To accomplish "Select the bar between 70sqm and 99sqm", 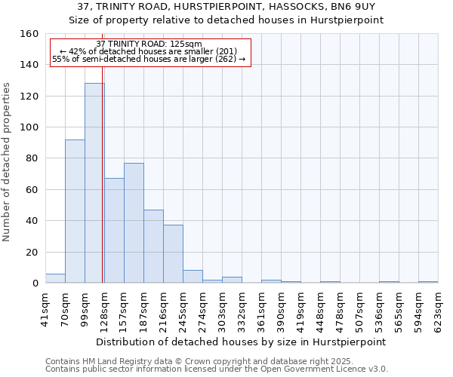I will coord(75,211).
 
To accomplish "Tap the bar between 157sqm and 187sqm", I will coord(134,223).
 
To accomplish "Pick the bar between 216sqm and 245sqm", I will coord(173,254).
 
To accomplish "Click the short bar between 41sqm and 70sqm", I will coord(55,278).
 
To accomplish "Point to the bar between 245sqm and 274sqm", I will coord(193,277).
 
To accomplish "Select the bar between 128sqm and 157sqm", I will coord(114,231).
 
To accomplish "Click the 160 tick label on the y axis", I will coord(29,34).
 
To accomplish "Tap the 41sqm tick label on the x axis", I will coord(45,308).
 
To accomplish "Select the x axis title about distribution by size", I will coord(242,342).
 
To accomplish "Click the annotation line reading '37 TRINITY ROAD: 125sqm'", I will coord(149,44).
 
